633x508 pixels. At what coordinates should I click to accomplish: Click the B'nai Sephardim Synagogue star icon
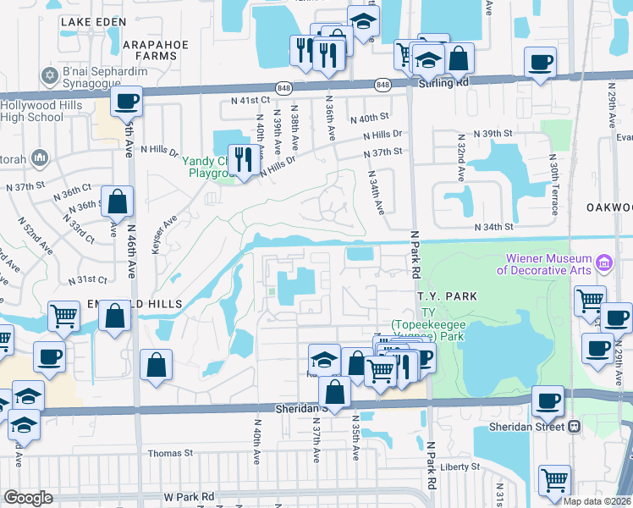pos(50,76)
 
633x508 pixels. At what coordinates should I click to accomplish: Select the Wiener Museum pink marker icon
pos(604,263)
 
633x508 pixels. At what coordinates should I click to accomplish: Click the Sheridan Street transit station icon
pos(575,427)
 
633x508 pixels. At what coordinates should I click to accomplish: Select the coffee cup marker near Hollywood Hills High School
pos(126,102)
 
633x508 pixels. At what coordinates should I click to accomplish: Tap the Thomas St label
pos(170,453)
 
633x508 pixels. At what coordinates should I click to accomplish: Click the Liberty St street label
pos(460,467)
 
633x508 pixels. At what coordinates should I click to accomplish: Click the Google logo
pos(28,498)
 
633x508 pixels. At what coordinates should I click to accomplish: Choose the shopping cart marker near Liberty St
pos(554,480)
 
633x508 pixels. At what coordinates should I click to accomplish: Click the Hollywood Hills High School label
pos(31,111)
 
